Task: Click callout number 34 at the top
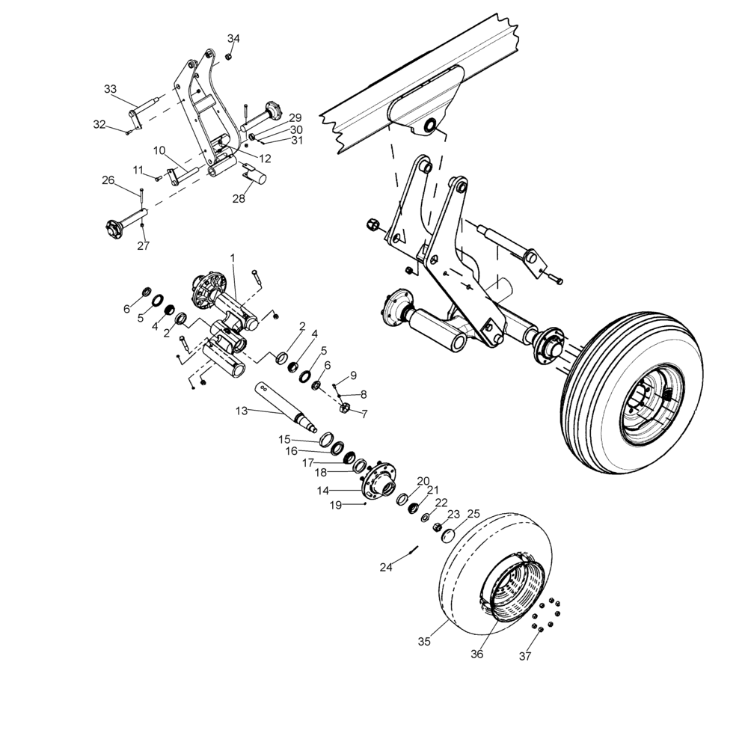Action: (x=234, y=39)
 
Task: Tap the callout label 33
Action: (x=110, y=90)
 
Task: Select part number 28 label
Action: (x=239, y=198)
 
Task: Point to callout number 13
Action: (x=241, y=411)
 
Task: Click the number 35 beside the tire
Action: (x=425, y=642)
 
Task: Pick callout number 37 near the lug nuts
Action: (x=525, y=657)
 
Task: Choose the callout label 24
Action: (x=386, y=568)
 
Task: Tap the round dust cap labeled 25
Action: (x=450, y=533)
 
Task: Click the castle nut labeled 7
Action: (x=345, y=408)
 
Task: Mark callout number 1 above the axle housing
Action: (x=233, y=257)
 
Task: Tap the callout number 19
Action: (x=335, y=506)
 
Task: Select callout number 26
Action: (x=108, y=180)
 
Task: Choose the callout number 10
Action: (x=159, y=150)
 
